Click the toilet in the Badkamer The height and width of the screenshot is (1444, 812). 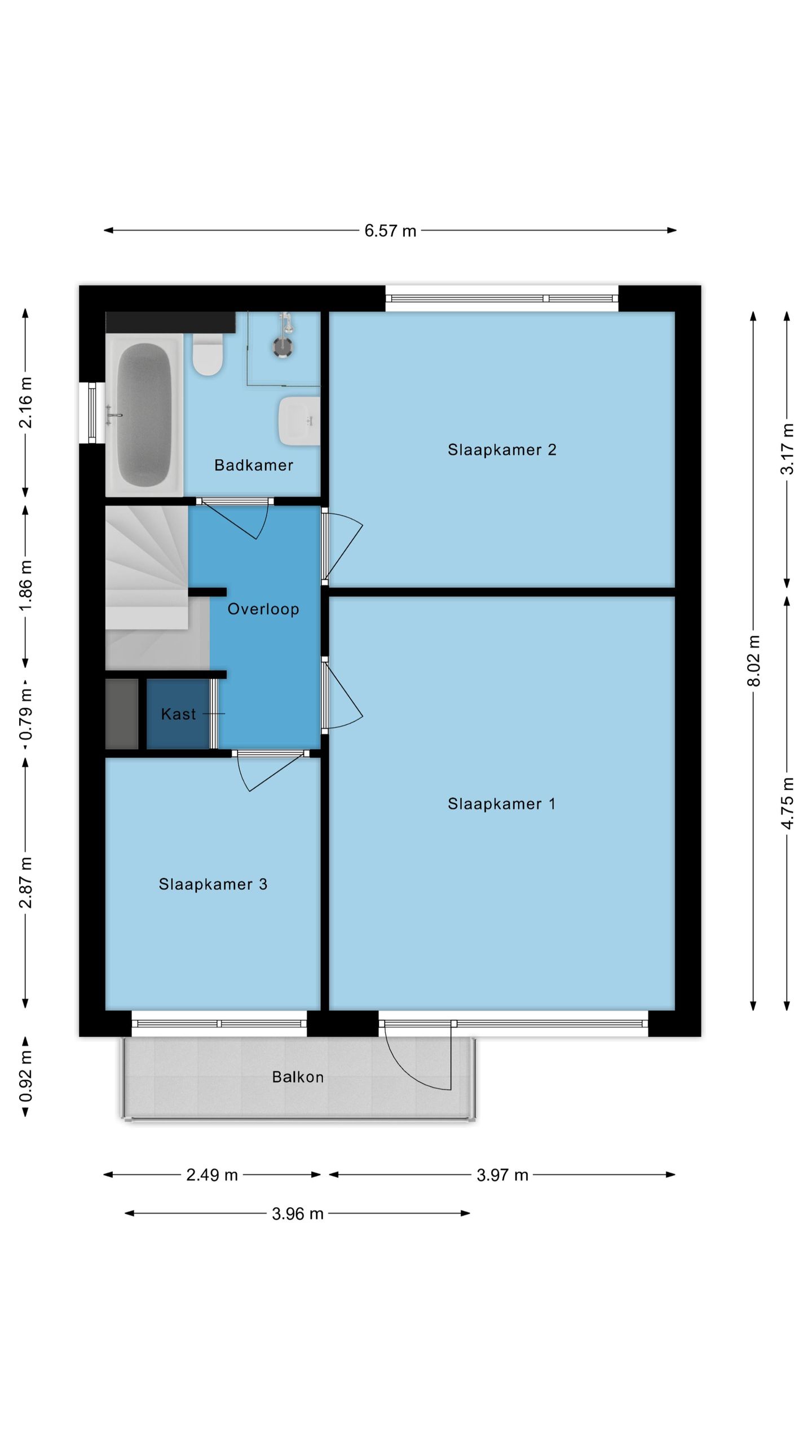208,354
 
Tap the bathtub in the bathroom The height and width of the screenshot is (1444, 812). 144,415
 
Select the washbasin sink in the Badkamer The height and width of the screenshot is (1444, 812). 299,420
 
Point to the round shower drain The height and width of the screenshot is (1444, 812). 283,347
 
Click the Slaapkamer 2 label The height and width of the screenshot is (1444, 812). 502,450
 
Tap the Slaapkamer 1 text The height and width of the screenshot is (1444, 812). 501,804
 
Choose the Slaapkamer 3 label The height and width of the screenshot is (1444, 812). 213,884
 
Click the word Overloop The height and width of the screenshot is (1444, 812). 263,609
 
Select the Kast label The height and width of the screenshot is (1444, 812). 178,714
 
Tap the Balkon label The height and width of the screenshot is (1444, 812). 298,1077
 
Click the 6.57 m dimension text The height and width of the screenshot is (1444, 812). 390,231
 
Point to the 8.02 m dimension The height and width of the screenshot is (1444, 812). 754,661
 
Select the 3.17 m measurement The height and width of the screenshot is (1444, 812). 787,449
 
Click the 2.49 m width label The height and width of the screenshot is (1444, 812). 212,1175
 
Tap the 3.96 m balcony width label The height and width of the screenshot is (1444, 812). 298,1213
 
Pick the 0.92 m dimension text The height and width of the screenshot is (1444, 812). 26,1076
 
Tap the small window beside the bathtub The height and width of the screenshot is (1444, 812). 92,413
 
